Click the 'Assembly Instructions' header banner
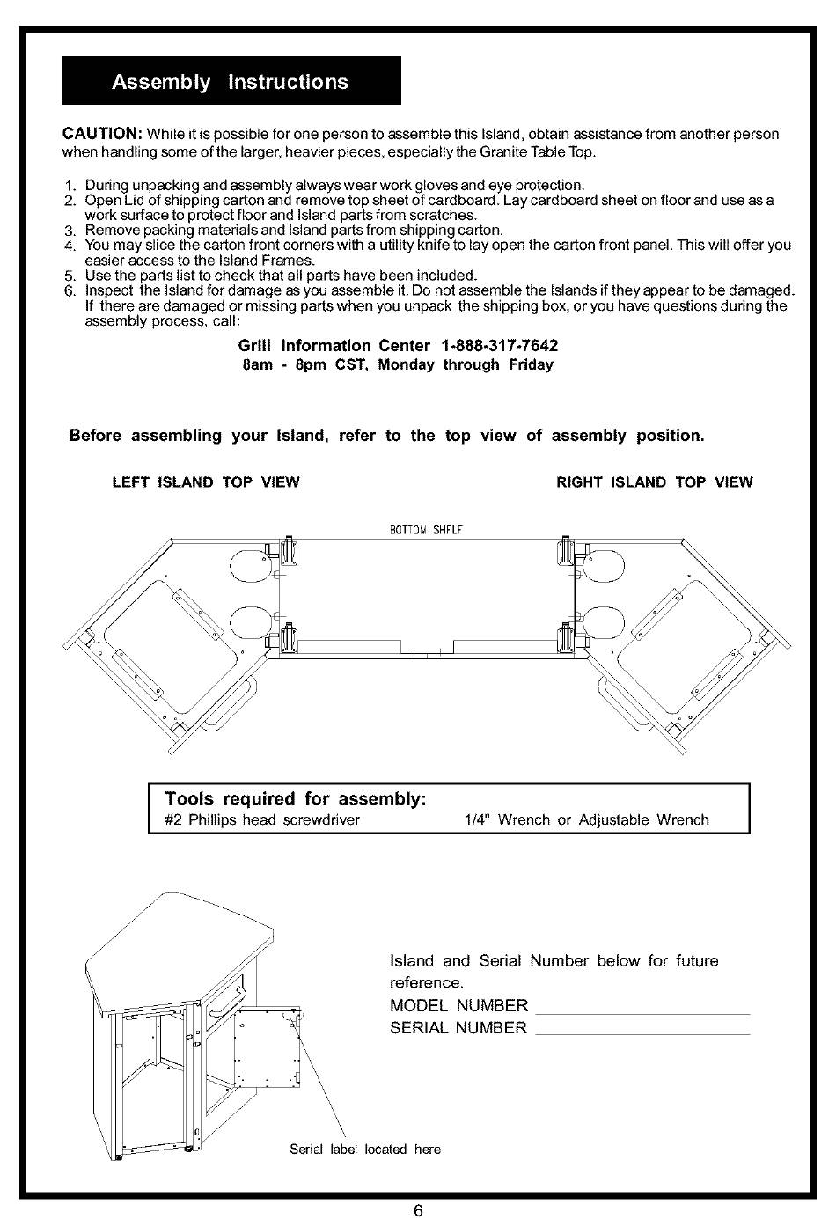click(x=231, y=82)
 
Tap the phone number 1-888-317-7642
click(x=501, y=346)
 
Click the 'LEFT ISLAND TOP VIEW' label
click(x=206, y=482)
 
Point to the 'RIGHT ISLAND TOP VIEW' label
click(x=655, y=482)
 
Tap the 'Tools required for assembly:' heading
click(x=296, y=799)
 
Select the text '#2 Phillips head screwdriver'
click(x=262, y=820)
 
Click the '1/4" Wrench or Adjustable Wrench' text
click(x=586, y=820)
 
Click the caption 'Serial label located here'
click(x=365, y=1150)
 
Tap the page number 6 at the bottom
click(x=419, y=1211)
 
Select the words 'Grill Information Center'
click(x=334, y=346)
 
